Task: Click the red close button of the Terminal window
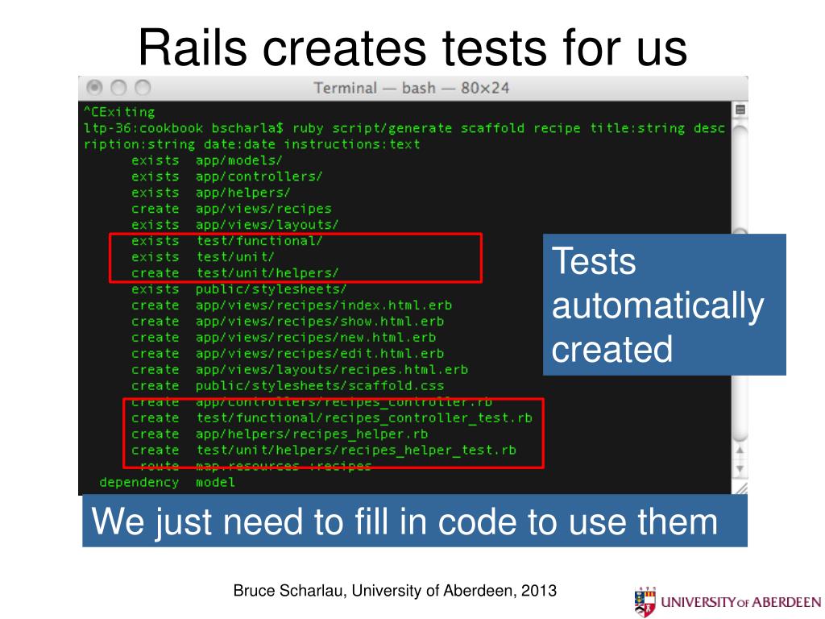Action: click(95, 87)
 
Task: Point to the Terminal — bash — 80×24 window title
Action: click(411, 88)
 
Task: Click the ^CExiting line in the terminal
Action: click(119, 112)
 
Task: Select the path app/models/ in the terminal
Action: click(238, 160)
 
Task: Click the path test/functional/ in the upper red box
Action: click(259, 241)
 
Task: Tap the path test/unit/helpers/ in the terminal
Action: click(267, 273)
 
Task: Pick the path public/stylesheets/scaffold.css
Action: click(319, 386)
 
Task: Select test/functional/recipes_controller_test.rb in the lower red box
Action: click(363, 418)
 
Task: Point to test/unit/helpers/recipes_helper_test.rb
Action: click(355, 451)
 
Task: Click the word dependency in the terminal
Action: click(139, 483)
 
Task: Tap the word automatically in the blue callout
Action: click(657, 307)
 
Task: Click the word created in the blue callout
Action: click(612, 349)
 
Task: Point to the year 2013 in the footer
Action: click(539, 591)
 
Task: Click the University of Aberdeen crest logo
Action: click(645, 601)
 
